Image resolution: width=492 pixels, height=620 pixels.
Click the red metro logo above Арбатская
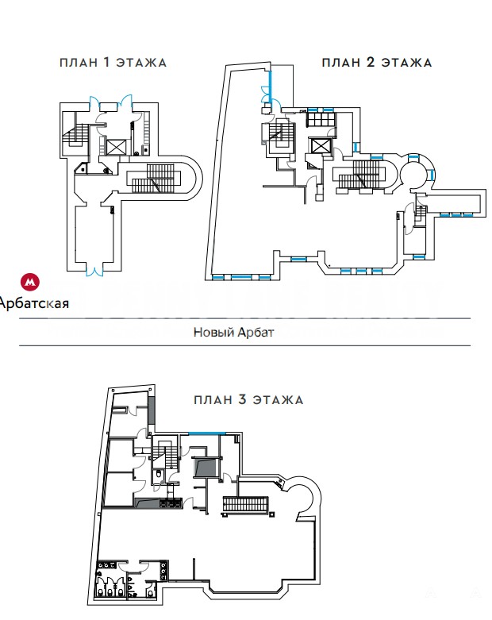pyautogui.click(x=30, y=282)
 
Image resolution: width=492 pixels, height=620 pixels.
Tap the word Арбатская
pyautogui.click(x=35, y=302)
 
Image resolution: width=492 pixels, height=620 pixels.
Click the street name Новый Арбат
pyautogui.click(x=233, y=333)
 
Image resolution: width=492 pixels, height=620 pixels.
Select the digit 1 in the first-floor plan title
pyautogui.click(x=107, y=63)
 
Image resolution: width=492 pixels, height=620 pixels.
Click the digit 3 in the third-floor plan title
pyautogui.click(x=241, y=399)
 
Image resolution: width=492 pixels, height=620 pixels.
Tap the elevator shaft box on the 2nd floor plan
pyautogui.click(x=321, y=146)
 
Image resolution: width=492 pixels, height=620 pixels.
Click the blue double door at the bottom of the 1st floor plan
pyautogui.click(x=95, y=271)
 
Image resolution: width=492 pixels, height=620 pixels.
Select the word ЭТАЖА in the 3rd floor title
pyautogui.click(x=278, y=399)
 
